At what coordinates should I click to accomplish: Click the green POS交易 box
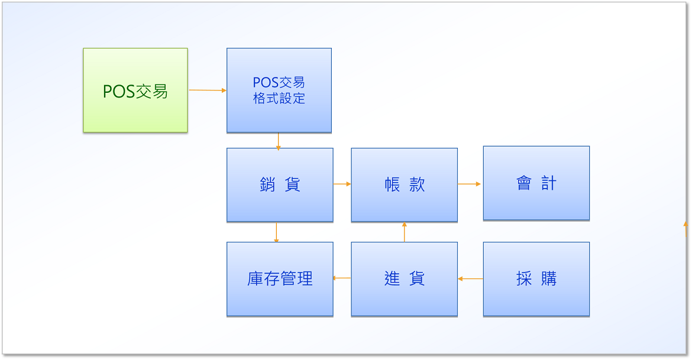pyautogui.click(x=135, y=90)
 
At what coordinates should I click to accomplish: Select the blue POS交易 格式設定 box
pyautogui.click(x=279, y=90)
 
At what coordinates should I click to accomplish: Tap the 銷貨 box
pyautogui.click(x=280, y=185)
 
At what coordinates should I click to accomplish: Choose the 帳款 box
pyautogui.click(x=404, y=185)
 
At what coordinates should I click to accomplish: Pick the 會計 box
pyautogui.click(x=536, y=183)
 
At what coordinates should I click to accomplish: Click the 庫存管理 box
pyautogui.click(x=280, y=279)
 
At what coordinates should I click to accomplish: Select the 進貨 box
pyautogui.click(x=404, y=279)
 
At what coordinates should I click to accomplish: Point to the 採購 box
pyautogui.click(x=536, y=279)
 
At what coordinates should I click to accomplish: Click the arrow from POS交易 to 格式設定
pyautogui.click(x=208, y=90)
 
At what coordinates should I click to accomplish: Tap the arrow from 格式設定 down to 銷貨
pyautogui.click(x=278, y=142)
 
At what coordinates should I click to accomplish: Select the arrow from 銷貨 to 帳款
pyautogui.click(x=342, y=184)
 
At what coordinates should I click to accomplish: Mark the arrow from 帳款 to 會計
pyautogui.click(x=469, y=184)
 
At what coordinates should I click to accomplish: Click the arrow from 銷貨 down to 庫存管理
pyautogui.click(x=276, y=232)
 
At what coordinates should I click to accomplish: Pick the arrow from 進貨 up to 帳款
pyautogui.click(x=404, y=232)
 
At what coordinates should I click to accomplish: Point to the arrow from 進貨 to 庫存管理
pyautogui.click(x=342, y=278)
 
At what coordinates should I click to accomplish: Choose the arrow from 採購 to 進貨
pyautogui.click(x=470, y=279)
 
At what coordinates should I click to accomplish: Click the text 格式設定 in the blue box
pyautogui.click(x=279, y=98)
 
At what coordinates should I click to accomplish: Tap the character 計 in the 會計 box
pyautogui.click(x=549, y=183)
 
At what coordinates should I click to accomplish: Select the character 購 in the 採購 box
pyautogui.click(x=549, y=279)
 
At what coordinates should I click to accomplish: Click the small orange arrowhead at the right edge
pyautogui.click(x=686, y=225)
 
